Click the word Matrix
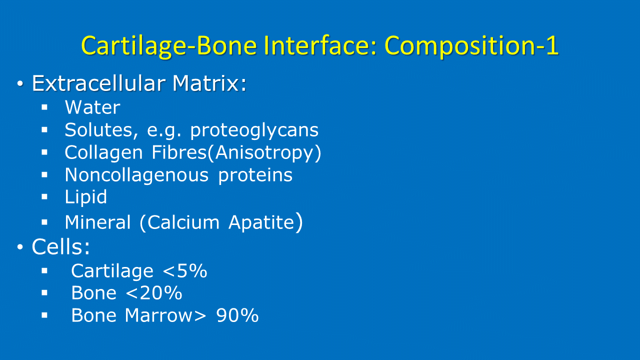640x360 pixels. [x=209, y=83]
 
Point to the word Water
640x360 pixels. [x=92, y=107]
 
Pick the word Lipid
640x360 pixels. [x=85, y=197]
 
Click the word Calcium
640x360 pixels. [x=183, y=222]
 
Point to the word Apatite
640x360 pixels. [x=261, y=222]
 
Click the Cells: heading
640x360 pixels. [x=60, y=246]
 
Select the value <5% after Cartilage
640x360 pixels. [x=184, y=271]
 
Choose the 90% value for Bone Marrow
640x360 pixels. [x=237, y=315]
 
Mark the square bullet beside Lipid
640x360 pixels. [x=44, y=197]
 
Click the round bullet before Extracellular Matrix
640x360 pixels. [x=20, y=83]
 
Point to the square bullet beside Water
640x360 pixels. [x=44, y=107]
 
